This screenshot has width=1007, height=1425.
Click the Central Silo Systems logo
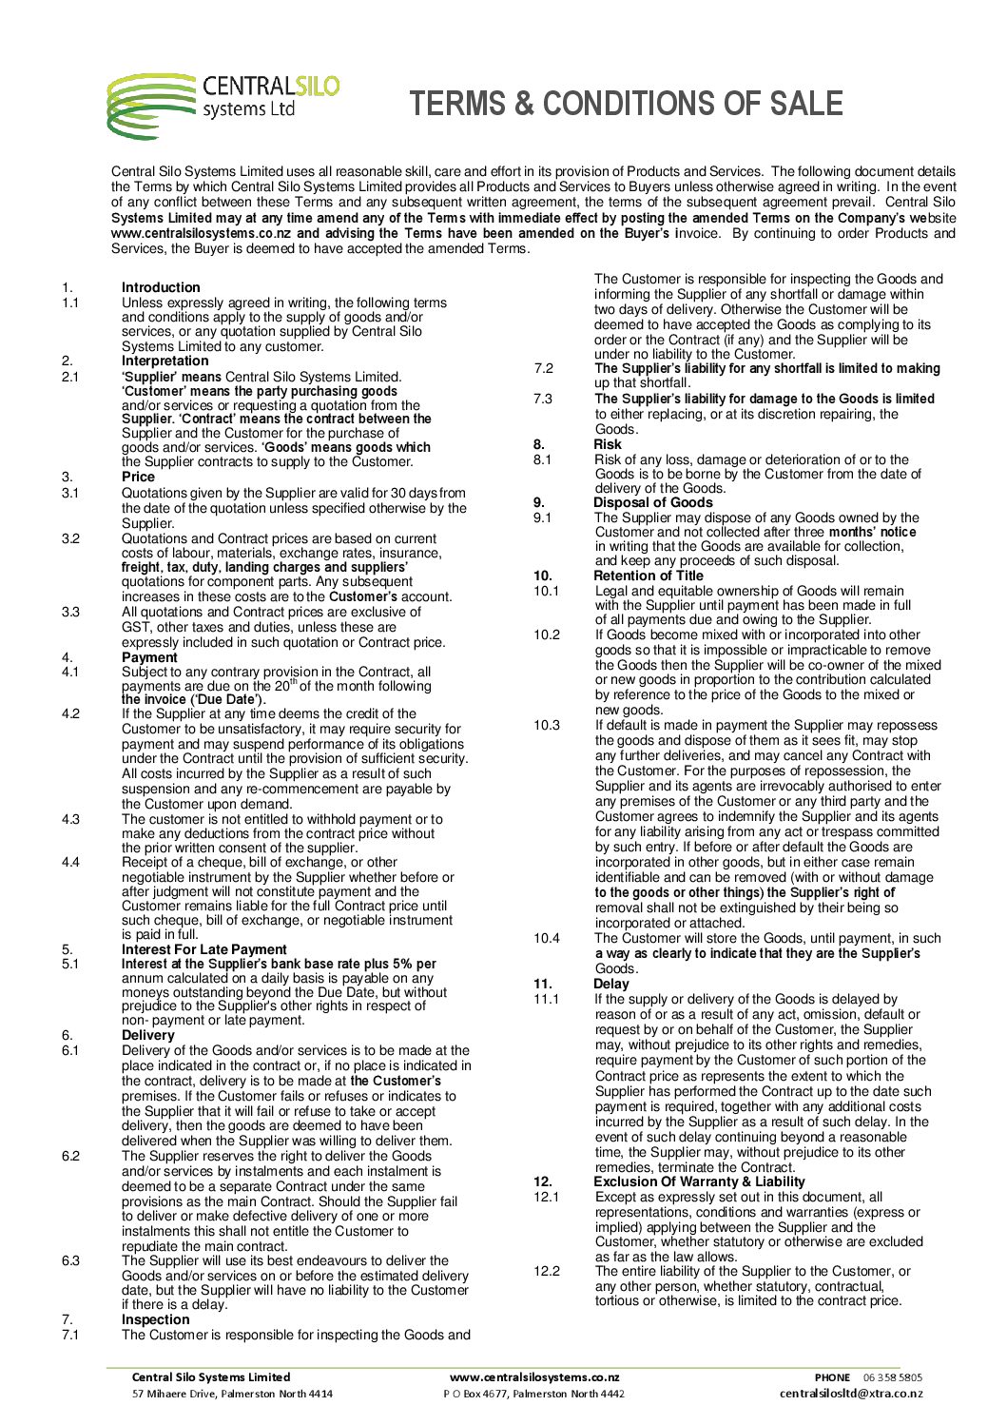pyautogui.click(x=223, y=105)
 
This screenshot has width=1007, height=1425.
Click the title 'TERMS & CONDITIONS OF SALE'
pyautogui.click(x=627, y=104)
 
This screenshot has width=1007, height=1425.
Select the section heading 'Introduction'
pyautogui.click(x=161, y=287)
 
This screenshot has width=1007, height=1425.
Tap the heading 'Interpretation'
pyautogui.click(x=165, y=361)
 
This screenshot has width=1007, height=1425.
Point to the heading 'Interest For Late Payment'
pyautogui.click(x=203, y=949)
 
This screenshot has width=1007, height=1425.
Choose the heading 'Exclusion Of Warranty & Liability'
pyautogui.click(x=699, y=1181)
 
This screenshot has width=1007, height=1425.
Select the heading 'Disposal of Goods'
pyautogui.click(x=652, y=502)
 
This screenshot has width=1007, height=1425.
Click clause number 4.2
pyautogui.click(x=70, y=713)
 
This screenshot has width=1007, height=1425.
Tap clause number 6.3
pyautogui.click(x=70, y=1260)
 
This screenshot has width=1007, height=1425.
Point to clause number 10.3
pyautogui.click(x=546, y=725)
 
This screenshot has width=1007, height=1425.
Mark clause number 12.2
pyautogui.click(x=546, y=1271)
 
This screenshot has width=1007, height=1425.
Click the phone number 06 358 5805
pyautogui.click(x=892, y=1377)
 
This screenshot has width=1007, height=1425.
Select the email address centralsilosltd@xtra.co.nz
pyautogui.click(x=850, y=1394)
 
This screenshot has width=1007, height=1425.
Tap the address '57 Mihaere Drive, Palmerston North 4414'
pyautogui.click(x=232, y=1394)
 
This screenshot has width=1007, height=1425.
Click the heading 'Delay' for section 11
pyautogui.click(x=610, y=984)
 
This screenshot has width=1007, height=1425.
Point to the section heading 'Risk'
pyautogui.click(x=607, y=444)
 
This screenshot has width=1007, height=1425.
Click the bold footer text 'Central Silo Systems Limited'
pyautogui.click(x=211, y=1376)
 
